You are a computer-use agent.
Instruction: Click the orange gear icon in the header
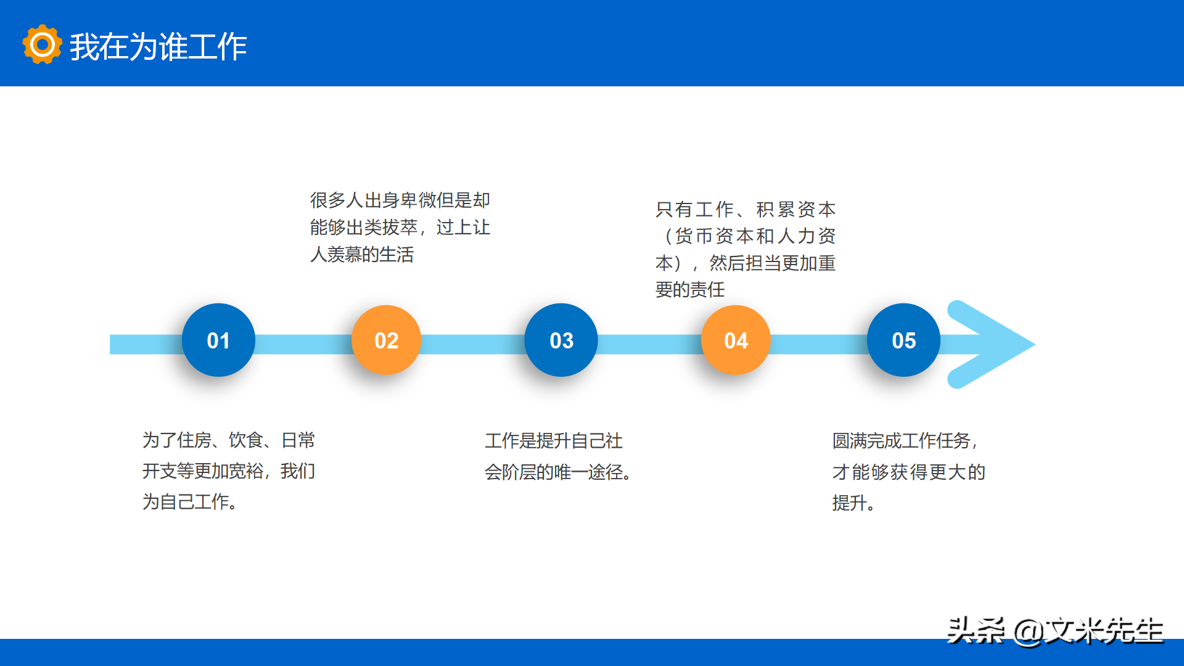(42, 44)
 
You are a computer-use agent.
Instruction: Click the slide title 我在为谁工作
(158, 46)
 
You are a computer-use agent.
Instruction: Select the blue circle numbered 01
(218, 340)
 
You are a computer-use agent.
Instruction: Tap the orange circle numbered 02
(386, 340)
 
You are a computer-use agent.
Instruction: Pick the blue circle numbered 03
(561, 340)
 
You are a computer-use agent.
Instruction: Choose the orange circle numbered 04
(736, 340)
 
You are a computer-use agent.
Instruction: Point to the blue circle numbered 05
(903, 340)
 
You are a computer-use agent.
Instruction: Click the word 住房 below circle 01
(194, 440)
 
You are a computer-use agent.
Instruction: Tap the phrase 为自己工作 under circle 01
(186, 502)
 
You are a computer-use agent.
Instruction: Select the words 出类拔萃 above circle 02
(382, 228)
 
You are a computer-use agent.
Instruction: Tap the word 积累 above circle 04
(775, 210)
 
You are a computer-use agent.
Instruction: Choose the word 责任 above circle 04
(707, 290)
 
